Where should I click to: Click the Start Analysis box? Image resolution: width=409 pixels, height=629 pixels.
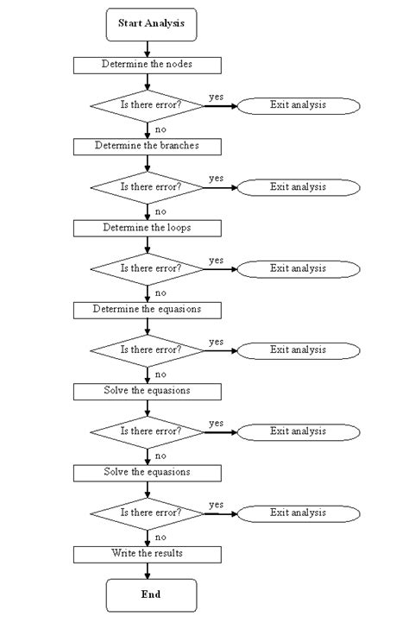tap(151, 25)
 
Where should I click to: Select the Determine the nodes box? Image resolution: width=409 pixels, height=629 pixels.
tap(148, 65)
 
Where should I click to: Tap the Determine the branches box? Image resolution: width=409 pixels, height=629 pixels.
tap(148, 146)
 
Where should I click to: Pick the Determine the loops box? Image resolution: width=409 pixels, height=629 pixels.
tap(148, 228)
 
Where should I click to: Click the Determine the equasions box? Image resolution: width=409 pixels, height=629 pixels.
tap(148, 309)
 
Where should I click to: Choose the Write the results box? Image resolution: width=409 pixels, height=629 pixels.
tap(148, 552)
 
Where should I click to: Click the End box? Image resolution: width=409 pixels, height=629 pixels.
tap(151, 594)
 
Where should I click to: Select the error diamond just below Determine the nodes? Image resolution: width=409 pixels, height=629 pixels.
tap(148, 105)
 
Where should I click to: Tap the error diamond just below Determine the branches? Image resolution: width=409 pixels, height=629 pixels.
tap(148, 186)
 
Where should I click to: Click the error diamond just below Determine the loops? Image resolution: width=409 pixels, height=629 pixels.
tap(148, 268)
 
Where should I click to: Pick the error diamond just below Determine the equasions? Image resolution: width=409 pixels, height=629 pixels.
tap(148, 349)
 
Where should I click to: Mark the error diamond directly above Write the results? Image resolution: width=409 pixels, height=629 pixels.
tap(148, 513)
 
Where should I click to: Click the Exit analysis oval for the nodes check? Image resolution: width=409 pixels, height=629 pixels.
tap(298, 105)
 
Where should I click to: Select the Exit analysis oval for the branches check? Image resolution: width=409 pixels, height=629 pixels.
tap(298, 186)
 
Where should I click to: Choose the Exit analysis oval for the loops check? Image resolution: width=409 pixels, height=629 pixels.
tap(298, 268)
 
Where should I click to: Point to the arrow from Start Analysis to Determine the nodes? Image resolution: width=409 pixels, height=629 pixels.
tap(148, 48)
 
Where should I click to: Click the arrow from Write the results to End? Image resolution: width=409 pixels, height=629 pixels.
tap(148, 569)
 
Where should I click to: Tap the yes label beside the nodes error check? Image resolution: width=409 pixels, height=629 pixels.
tap(216, 97)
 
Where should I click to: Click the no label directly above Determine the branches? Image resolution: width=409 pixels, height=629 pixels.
tap(160, 129)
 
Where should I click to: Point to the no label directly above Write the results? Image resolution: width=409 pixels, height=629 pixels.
tap(160, 537)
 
